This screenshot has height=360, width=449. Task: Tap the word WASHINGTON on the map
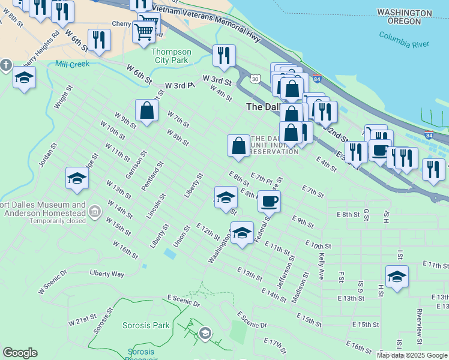point(404,13)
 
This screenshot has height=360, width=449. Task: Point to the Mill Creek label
point(72,64)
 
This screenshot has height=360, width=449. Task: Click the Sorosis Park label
point(136,325)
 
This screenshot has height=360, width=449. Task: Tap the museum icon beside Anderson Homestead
point(94,211)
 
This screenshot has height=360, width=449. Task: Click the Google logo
point(20,353)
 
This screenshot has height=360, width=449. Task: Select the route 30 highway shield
point(256,79)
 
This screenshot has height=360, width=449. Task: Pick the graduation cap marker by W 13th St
point(77,178)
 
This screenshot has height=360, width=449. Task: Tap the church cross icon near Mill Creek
point(6,64)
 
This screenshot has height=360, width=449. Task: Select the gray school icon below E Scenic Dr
point(205,334)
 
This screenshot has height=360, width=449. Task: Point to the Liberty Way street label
point(106,274)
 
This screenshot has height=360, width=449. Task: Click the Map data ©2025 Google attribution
point(411,355)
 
